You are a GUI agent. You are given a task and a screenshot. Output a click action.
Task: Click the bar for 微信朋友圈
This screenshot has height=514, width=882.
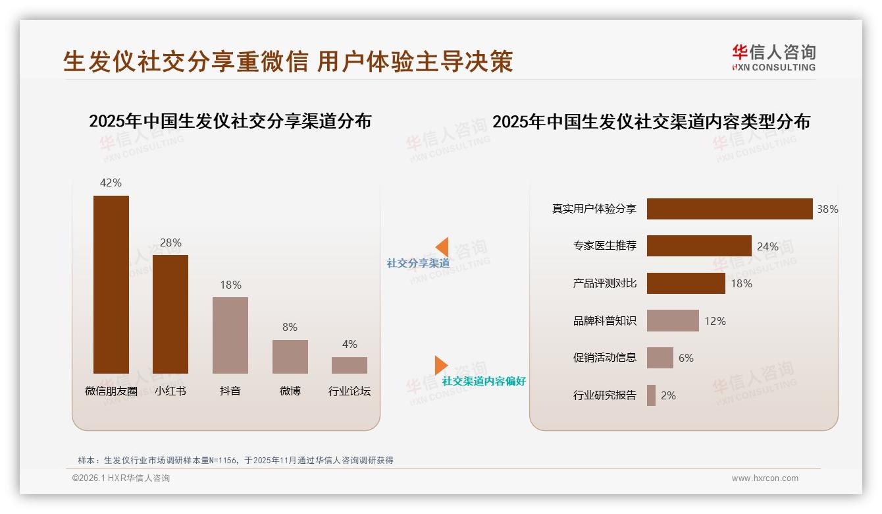(x=111, y=285)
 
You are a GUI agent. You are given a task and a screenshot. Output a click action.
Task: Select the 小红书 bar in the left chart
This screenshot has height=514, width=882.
(x=170, y=314)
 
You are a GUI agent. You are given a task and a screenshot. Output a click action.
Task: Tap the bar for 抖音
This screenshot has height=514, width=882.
(x=230, y=335)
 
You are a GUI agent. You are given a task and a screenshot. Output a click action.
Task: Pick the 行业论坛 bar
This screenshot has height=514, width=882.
(x=350, y=365)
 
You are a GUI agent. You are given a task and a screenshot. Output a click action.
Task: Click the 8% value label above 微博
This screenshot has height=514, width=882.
(x=290, y=327)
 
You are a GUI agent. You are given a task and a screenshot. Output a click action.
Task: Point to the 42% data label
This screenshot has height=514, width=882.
(x=111, y=183)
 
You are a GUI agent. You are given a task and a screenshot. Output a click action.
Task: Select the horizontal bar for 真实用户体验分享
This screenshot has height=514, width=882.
(x=729, y=209)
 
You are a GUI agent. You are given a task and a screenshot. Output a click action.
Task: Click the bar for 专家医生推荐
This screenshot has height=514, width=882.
(x=699, y=246)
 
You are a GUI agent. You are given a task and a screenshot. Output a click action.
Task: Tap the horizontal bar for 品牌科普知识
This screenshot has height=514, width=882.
(x=673, y=321)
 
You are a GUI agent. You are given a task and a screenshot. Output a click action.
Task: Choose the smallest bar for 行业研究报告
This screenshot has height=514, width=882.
(x=651, y=395)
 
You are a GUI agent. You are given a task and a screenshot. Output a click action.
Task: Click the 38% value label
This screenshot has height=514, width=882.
(x=827, y=209)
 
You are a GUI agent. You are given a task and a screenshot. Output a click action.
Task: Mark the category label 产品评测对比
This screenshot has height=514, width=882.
(x=604, y=283)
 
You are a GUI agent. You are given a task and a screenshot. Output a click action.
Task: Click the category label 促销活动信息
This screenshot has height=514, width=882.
(x=604, y=358)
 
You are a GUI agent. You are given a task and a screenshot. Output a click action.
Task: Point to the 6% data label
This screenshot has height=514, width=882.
(x=686, y=358)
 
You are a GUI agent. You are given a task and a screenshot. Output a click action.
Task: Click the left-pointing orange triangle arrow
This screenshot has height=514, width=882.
(x=442, y=247)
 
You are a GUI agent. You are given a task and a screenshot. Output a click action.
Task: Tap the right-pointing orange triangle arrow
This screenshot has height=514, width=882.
(x=441, y=365)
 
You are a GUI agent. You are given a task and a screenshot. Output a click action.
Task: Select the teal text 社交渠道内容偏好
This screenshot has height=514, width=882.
(x=484, y=381)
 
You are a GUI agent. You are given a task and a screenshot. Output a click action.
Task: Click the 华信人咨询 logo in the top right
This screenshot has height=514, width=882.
(x=773, y=57)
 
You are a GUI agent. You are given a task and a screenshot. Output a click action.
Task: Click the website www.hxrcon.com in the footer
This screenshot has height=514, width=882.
(x=765, y=478)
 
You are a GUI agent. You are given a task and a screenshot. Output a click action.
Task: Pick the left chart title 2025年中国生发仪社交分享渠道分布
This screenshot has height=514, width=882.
(x=230, y=121)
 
